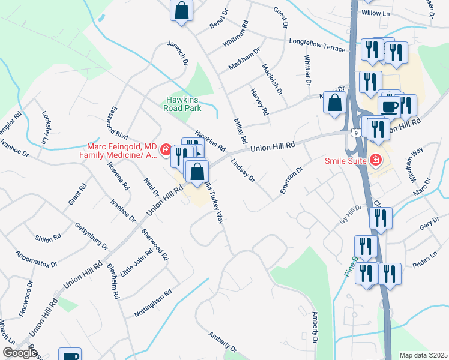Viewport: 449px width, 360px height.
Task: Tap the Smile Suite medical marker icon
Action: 376,160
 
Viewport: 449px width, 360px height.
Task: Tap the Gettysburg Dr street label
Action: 91,236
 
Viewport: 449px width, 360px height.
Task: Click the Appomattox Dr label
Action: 37,259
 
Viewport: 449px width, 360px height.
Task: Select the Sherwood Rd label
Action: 155,244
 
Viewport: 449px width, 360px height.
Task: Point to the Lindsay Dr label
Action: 243,170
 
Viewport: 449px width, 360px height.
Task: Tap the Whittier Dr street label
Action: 307,70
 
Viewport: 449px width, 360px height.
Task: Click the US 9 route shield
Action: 357,132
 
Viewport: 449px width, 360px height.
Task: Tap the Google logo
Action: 20,353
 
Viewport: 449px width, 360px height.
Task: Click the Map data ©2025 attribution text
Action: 423,355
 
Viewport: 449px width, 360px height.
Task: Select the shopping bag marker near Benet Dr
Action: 182,11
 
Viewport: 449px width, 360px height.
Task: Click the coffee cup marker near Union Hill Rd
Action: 389,106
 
